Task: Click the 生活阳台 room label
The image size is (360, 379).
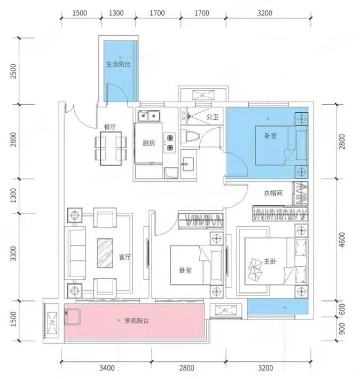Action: click(119, 65)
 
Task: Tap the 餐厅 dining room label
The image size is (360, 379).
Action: click(110, 127)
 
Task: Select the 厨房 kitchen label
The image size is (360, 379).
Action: click(148, 143)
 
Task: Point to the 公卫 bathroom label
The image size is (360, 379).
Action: click(213, 117)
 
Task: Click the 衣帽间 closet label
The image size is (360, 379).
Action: click(273, 193)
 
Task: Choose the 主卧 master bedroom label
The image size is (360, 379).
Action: click(270, 261)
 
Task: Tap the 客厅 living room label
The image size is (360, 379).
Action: click(125, 257)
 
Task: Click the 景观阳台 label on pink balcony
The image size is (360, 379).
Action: click(136, 321)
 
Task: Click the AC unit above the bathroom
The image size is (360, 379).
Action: click(204, 95)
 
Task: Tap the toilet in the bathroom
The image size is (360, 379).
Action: click(190, 137)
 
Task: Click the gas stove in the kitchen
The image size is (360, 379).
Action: click(169, 143)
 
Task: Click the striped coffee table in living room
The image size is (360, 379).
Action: click(105, 253)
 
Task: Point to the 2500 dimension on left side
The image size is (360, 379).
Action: click(13, 71)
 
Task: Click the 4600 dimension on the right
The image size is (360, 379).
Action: click(342, 240)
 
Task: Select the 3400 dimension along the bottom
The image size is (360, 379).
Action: click(107, 368)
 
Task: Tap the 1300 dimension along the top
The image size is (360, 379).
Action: click(116, 13)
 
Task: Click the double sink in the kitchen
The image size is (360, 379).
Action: click(148, 116)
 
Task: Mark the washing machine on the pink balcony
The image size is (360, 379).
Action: click(72, 317)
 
